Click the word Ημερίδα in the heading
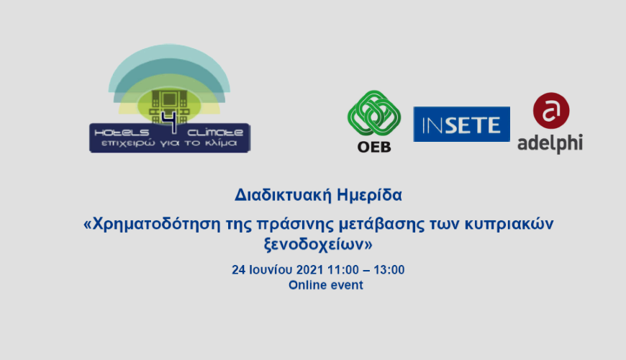coord(370,195)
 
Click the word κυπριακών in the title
coord(509,224)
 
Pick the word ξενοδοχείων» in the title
coord(318,244)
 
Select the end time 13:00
coord(389,270)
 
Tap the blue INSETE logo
coord(461,125)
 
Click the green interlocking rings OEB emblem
coord(374,114)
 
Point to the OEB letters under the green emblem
coord(374,147)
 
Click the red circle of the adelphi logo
coord(551,111)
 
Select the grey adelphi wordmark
coord(550,143)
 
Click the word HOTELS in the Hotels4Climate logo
coord(122,132)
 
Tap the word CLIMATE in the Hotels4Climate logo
coord(215,132)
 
